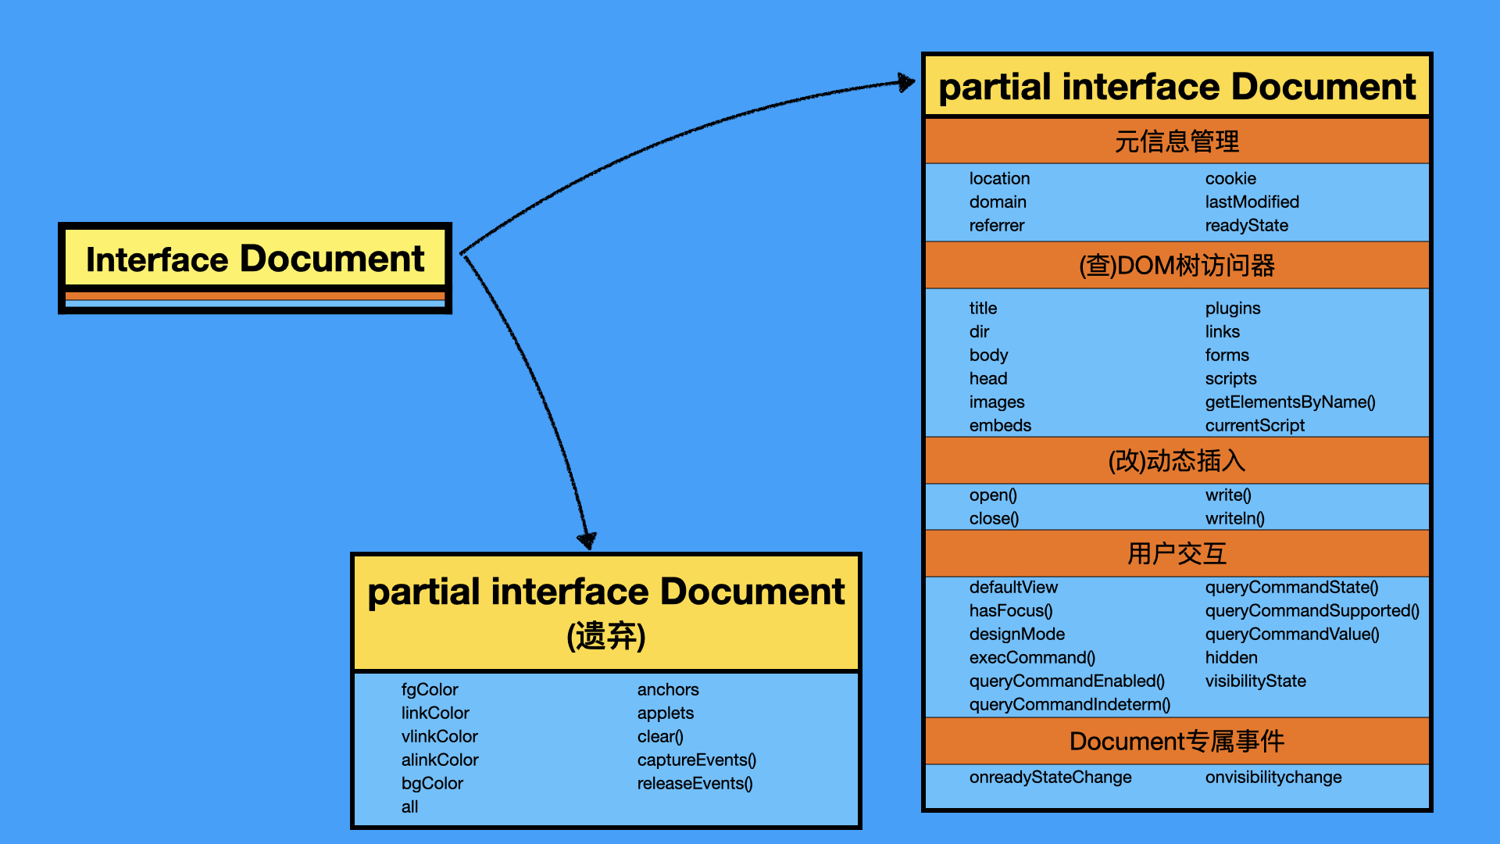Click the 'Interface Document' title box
tap(255, 259)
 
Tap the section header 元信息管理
tap(1177, 141)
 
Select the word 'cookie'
tap(1230, 179)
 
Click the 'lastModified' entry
tap(1252, 202)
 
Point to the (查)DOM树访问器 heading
tap(1177, 266)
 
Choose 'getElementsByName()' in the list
tap(1290, 402)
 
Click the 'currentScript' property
tap(1255, 426)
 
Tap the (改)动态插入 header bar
tap(1177, 461)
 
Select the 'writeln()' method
tap(1234, 519)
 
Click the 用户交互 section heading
tap(1177, 554)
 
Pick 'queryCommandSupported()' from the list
tap(1312, 611)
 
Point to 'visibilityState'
tap(1255, 681)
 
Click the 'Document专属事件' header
tap(1177, 741)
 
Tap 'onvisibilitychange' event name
tap(1273, 778)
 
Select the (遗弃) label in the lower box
tap(606, 636)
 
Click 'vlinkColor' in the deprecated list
tap(439, 737)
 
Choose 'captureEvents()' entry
tap(696, 760)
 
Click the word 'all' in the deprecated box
tap(409, 807)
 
